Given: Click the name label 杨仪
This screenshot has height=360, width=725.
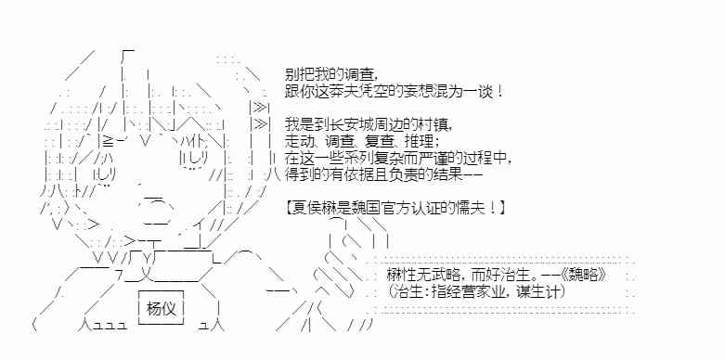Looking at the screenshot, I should click(161, 308).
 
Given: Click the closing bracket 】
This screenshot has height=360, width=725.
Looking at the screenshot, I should click(501, 207).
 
